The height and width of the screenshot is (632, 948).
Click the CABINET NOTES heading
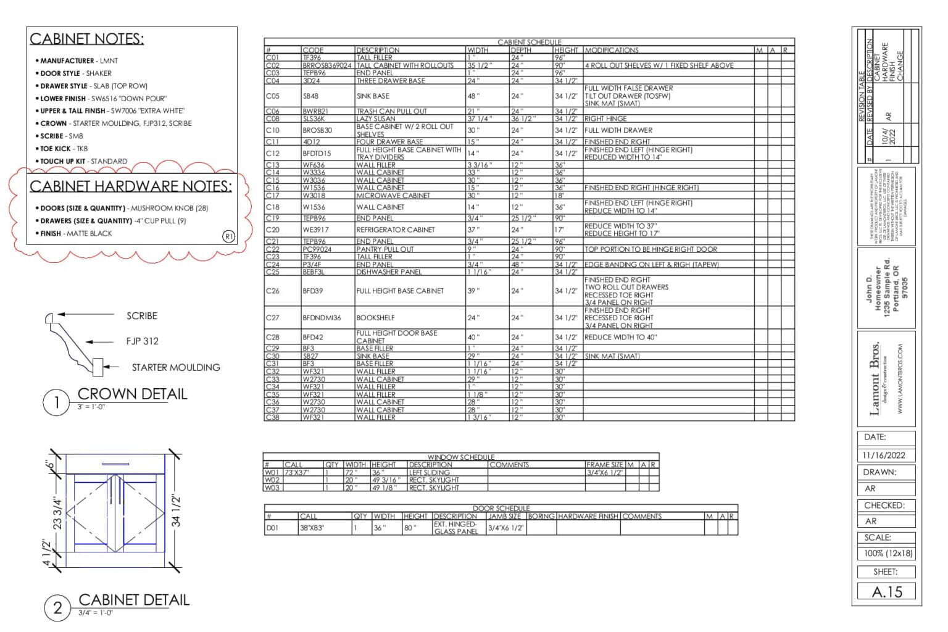pyautogui.click(x=86, y=39)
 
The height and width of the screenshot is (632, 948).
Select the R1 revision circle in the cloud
pyautogui.click(x=228, y=236)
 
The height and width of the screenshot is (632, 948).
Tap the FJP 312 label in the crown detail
pyautogui.click(x=142, y=341)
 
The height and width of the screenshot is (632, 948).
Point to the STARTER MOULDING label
pyautogui.click(x=175, y=367)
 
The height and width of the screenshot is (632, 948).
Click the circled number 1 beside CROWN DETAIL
pyautogui.click(x=57, y=403)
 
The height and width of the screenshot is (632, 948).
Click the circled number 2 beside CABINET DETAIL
pyautogui.click(x=57, y=608)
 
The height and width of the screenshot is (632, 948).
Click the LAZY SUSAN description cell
pyautogui.click(x=375, y=118)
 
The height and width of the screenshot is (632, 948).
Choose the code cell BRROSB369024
pyautogui.click(x=326, y=65)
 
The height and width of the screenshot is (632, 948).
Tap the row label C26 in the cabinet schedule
pyautogui.click(x=272, y=291)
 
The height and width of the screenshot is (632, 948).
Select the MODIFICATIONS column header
pyautogui.click(x=612, y=50)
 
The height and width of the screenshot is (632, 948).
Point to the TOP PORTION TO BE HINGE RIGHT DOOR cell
pyautogui.click(x=651, y=249)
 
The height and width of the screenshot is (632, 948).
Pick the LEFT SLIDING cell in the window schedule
pyautogui.click(x=429, y=473)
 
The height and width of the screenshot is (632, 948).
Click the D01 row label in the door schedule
pyautogui.click(x=272, y=528)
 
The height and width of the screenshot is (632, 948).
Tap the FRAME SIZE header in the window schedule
pyautogui.click(x=604, y=465)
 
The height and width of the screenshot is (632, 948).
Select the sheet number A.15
pyautogui.click(x=886, y=592)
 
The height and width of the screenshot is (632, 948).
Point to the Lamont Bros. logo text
pyautogui.click(x=875, y=379)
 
